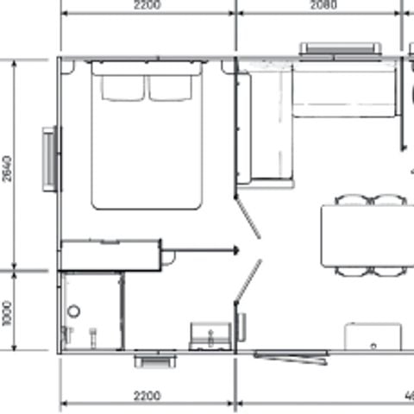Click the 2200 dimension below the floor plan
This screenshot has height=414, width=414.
147,397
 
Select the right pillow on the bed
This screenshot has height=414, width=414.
172,87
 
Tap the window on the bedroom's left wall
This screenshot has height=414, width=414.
51,157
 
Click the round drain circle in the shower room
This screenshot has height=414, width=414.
74,310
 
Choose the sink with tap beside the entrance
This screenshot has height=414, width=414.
210,335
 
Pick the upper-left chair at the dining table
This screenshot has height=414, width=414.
352,200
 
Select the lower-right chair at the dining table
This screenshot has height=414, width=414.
390,271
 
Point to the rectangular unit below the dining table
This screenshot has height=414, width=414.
373,336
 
